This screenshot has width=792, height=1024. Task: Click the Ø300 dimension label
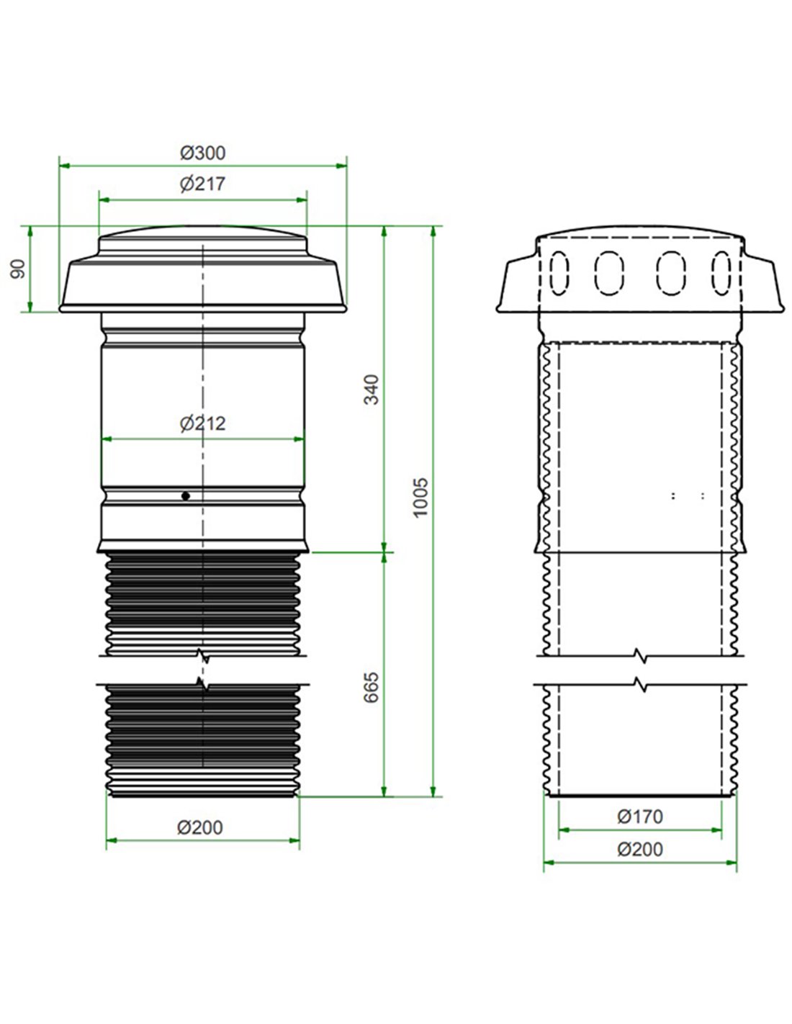(202, 153)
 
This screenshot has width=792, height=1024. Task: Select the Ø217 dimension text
(202, 184)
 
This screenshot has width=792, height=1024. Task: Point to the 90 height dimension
(18, 269)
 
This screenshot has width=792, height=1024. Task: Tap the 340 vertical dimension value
(370, 390)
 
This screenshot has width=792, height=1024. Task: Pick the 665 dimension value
(370, 688)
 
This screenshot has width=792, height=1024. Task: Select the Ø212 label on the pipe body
(202, 423)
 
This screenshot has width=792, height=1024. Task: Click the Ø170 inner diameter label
(639, 817)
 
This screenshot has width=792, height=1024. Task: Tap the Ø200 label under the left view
(200, 828)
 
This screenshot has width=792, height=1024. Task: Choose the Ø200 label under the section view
(639, 850)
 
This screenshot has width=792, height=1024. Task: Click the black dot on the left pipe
(186, 495)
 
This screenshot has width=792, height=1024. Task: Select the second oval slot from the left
(608, 272)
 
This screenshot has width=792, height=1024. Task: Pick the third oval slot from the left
(670, 272)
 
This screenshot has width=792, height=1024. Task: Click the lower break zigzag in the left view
(204, 683)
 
